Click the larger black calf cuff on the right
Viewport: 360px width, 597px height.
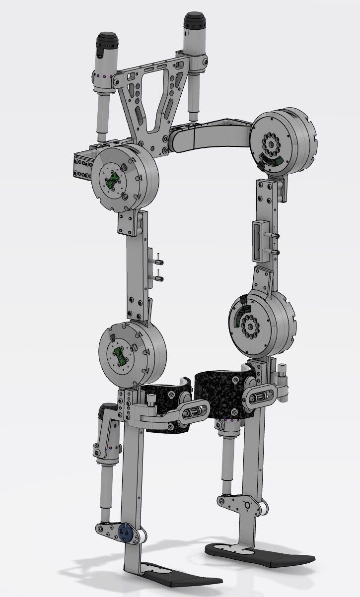pos(218,395)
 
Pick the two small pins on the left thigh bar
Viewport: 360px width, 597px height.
pos(158,267)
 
